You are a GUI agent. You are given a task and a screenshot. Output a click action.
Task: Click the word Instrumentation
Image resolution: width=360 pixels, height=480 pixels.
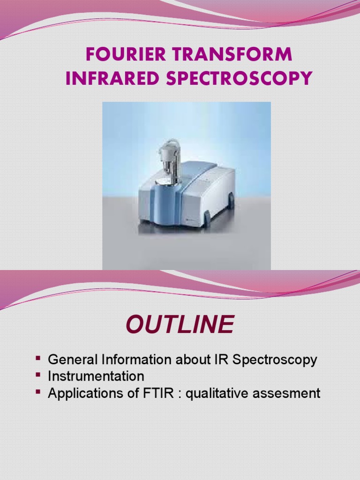pos(96,376)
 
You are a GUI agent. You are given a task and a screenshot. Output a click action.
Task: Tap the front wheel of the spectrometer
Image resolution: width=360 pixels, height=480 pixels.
pos(207,219)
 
